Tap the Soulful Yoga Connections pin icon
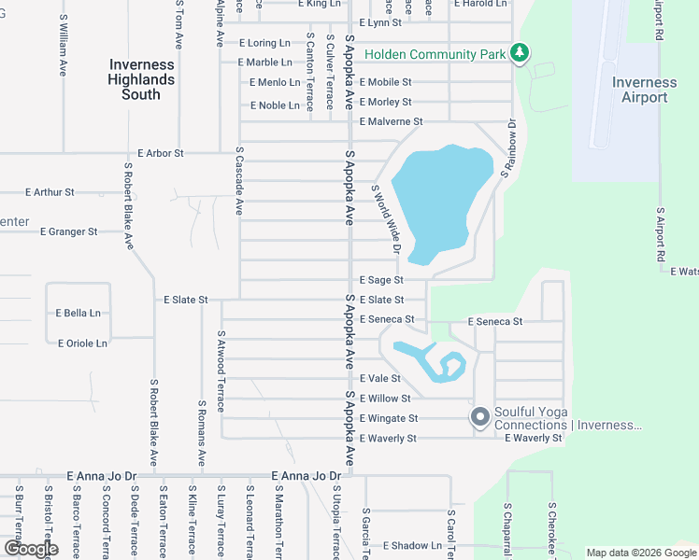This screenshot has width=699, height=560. click(480, 417)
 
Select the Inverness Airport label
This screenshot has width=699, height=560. click(645, 90)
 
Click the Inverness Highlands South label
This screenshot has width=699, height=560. click(141, 79)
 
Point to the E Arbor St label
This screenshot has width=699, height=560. click(161, 152)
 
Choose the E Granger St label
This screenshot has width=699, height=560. click(69, 231)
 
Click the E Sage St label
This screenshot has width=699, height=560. click(381, 280)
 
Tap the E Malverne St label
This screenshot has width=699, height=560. click(392, 121)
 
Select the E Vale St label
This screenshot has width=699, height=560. click(380, 379)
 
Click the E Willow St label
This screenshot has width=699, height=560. click(385, 399)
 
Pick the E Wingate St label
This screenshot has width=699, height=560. click(389, 418)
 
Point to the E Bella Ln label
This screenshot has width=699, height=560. click(78, 314)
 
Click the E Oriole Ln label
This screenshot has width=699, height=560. click(82, 343)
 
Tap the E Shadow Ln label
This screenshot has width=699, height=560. click(412, 546)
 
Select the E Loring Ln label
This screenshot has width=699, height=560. click(265, 43)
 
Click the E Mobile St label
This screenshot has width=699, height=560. click(386, 82)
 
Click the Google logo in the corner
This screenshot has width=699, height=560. click(30, 549)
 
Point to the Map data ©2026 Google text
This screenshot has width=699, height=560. click(640, 553)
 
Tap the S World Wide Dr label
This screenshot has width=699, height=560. click(385, 218)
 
